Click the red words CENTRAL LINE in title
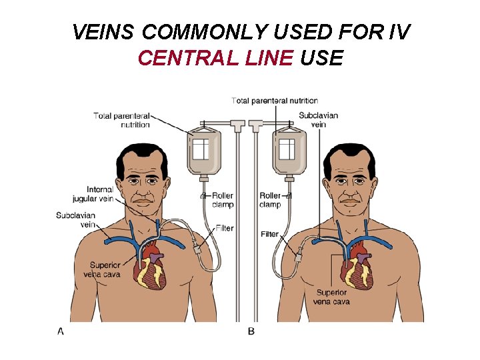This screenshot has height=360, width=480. point(215,59)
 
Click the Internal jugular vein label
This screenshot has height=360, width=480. point(93,194)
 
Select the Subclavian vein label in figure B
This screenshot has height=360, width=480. point(318,120)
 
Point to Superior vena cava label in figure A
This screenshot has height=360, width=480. point(101,269)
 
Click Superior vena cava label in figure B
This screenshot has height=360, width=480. point(331,297)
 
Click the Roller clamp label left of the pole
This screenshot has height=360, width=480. point(223,200)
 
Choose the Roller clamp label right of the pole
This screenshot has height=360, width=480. point(270,200)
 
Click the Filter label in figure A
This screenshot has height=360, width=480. point(225,228)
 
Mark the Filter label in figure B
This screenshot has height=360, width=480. point(269,234)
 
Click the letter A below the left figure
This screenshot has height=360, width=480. point(61,331)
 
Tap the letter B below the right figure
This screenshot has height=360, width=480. point(251,331)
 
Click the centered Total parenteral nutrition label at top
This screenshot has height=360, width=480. point(275,101)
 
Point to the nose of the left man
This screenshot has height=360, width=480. point(142,189)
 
